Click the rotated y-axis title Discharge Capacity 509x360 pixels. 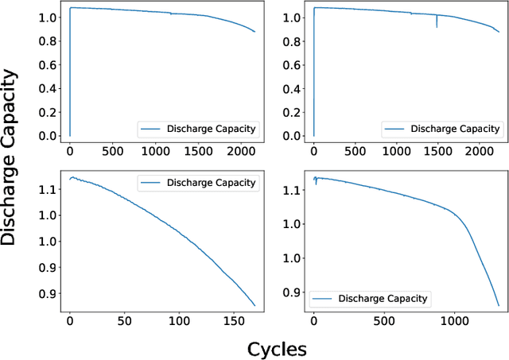[10, 157]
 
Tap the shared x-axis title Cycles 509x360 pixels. [276, 348]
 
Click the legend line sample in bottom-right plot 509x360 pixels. [323, 299]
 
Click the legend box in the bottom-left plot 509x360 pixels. [198, 183]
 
